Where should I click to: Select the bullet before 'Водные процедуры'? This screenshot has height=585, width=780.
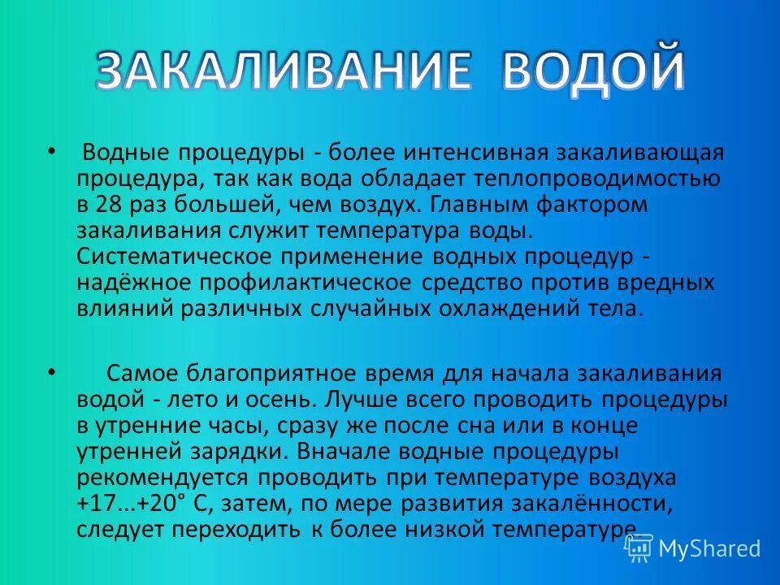click(x=53, y=152)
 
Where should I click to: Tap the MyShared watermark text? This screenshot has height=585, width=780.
click(x=709, y=548)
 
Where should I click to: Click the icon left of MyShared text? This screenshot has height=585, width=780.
click(x=638, y=548)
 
